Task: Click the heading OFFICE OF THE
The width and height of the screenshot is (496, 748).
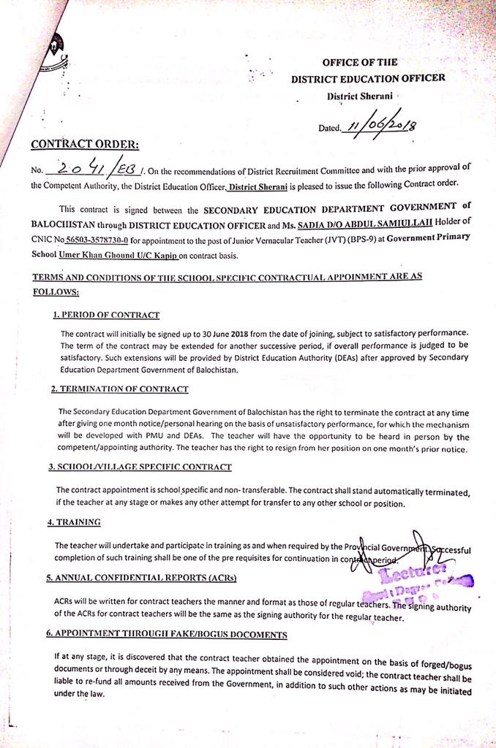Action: (359, 63)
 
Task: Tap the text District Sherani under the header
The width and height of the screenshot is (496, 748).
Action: (358, 96)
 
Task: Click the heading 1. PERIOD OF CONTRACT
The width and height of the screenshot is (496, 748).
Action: (106, 315)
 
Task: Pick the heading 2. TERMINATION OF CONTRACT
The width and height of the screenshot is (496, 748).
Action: (120, 389)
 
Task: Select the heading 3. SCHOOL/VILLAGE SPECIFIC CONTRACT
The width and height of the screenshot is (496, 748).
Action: (140, 466)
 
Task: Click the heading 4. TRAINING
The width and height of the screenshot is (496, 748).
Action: (74, 522)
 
